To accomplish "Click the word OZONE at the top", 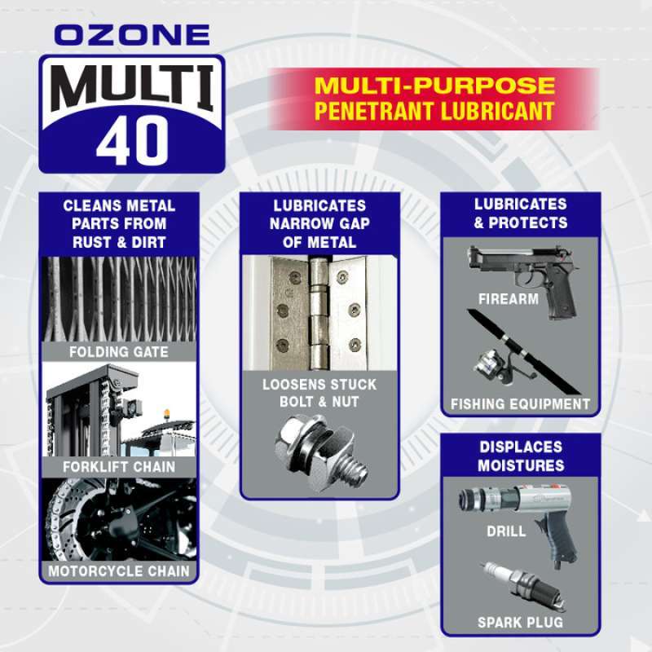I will [134, 36].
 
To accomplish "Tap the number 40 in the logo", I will [132, 141].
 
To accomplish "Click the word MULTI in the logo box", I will [132, 87].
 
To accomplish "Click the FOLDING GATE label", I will [119, 352].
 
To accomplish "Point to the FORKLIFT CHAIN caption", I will [119, 467].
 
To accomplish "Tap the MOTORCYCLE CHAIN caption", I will [119, 571].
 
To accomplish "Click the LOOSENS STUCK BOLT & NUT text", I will [319, 393].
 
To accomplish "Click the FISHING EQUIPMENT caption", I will [520, 404].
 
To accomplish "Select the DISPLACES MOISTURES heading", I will [521, 456].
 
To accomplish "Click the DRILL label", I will [506, 531].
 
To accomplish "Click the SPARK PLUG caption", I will [521, 623].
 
